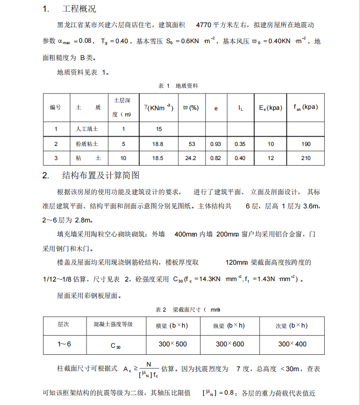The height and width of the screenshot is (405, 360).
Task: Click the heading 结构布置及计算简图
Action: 100,176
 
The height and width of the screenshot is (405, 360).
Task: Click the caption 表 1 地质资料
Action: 179,86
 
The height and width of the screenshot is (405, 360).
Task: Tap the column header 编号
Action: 56,107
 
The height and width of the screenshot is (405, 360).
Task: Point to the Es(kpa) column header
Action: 271,107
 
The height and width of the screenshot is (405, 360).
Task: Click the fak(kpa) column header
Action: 306,107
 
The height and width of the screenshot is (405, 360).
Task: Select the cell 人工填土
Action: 87,129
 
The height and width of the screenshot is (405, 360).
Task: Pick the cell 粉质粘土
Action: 87,144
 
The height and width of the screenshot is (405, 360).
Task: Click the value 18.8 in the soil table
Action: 159,144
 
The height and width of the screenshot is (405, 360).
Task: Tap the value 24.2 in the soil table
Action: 191,158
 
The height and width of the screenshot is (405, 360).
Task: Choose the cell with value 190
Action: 306,144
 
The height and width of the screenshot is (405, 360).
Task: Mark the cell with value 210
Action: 306,158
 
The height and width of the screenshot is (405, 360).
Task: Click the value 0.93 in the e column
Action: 215,144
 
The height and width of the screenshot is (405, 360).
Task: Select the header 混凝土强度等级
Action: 110,325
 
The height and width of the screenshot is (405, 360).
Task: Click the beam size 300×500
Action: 172,344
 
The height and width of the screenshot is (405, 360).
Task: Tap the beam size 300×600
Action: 230,344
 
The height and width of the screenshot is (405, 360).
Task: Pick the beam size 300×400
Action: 292,344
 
